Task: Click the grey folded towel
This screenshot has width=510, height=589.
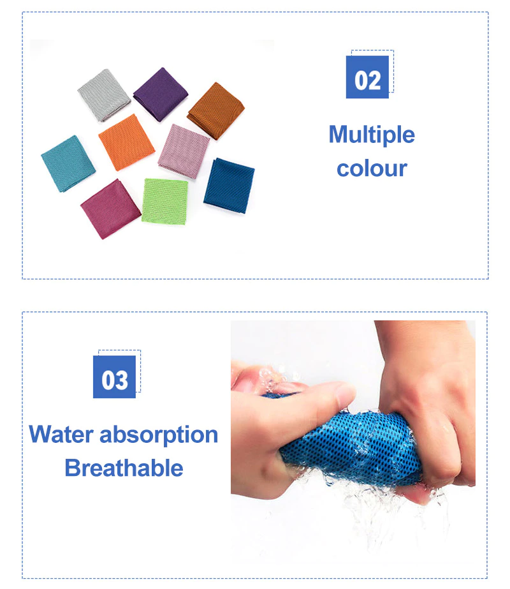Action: click(x=104, y=95)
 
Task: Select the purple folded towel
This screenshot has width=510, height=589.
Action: click(x=161, y=94)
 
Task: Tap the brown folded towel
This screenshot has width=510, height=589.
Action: click(x=215, y=110)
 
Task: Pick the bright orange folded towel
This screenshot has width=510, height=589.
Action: click(x=126, y=142)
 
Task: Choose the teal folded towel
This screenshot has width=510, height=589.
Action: click(x=68, y=164)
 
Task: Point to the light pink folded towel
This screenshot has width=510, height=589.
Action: click(x=184, y=151)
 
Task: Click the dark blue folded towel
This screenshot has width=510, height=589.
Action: click(x=229, y=186)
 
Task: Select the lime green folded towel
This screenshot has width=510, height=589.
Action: click(x=164, y=202)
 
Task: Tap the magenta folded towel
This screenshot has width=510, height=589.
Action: click(x=111, y=209)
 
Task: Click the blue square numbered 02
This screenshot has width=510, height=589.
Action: click(x=367, y=77)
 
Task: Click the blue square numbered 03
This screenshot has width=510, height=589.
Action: click(x=115, y=377)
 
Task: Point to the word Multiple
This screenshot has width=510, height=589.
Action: click(x=372, y=135)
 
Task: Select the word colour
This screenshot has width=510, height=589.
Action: click(x=372, y=168)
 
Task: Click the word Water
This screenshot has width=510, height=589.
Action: click(x=61, y=434)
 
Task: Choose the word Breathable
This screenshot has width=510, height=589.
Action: click(x=124, y=468)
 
